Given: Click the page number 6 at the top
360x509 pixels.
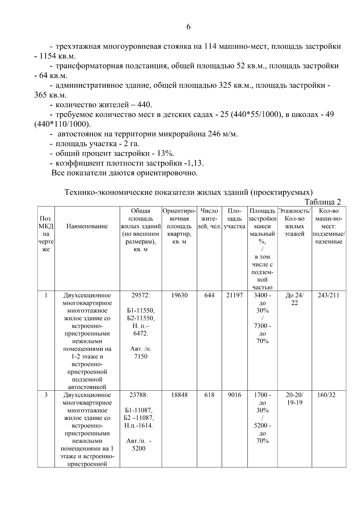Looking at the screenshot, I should point(188,27).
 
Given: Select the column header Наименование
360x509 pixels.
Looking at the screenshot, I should point(87,226).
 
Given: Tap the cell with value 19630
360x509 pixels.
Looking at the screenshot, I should point(179,295).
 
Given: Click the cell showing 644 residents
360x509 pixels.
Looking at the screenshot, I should point(209,295).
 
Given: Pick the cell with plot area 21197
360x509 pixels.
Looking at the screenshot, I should point(234,295).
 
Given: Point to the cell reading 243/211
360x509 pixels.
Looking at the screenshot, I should point(328,295).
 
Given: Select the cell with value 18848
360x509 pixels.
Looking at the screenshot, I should point(179,395).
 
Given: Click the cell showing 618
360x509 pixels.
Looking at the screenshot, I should point(209,395).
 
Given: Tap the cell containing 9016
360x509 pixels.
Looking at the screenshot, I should point(234,395).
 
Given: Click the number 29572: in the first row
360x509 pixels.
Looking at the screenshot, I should point(141,295).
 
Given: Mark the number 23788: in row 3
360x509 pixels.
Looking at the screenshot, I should point(139,395).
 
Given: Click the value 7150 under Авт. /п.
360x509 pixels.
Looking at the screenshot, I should point(141,357).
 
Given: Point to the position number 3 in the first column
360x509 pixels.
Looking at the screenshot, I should point(46,395).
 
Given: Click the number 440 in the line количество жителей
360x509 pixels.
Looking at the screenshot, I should point(145,105).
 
